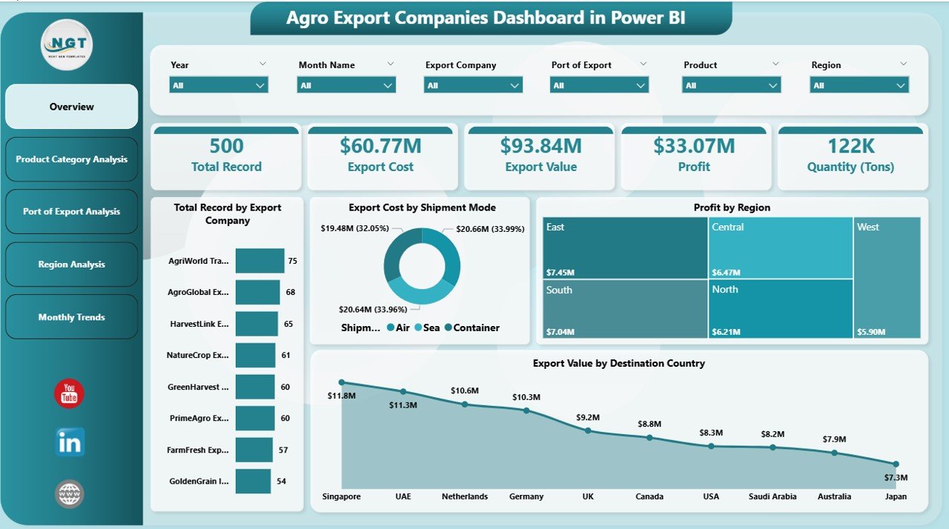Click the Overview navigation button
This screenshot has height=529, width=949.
[71, 107]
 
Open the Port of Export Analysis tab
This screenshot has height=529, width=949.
[71, 212]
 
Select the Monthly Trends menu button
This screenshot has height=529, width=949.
[71, 317]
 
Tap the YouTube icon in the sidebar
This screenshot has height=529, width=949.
[69, 393]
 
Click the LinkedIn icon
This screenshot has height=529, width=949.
[70, 442]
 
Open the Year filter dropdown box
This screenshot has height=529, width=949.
[219, 85]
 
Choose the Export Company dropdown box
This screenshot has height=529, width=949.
[473, 85]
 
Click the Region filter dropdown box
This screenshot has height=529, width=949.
[859, 85]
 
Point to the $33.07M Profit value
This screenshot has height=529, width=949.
[693, 146]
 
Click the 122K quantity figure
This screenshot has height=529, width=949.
[850, 146]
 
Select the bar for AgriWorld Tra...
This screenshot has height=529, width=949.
[259, 261]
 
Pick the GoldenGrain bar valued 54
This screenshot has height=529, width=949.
[252, 481]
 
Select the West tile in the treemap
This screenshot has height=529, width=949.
[887, 278]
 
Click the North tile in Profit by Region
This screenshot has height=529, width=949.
[780, 309]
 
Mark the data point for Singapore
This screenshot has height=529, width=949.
[342, 382]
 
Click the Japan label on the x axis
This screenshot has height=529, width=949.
[896, 496]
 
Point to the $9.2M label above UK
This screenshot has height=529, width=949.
[588, 416]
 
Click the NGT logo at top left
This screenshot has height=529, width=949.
[67, 45]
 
